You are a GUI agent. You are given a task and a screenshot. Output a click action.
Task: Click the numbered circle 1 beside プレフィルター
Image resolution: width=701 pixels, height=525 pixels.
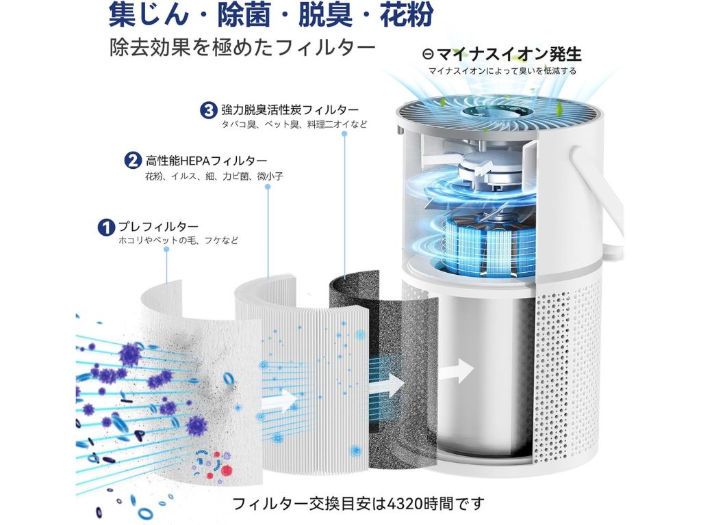coord(106,227)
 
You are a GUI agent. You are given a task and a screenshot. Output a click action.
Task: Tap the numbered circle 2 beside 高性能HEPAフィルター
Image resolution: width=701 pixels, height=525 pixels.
coord(132,161)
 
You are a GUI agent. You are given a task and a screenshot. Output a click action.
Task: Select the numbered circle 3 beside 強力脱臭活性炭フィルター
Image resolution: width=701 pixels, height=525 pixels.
coord(208,110)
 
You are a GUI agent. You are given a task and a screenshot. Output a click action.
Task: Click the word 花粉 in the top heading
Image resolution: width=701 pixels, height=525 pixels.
coord(407,15)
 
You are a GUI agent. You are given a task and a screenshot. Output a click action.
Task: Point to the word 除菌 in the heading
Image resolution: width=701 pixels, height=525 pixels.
coord(244,15)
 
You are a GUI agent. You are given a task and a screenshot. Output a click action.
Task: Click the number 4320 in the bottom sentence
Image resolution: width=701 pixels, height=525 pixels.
coord(407,504)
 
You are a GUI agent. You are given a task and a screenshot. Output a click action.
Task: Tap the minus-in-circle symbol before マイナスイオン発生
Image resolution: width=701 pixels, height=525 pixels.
coord(428,54)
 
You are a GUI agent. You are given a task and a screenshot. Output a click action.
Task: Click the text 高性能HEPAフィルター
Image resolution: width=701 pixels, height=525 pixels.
coord(206,161)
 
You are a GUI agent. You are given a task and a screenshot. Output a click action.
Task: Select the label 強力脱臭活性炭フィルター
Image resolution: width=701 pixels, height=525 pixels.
coord(290,110)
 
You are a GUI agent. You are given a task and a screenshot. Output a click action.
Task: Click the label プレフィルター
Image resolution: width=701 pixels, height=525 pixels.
coord(158,226)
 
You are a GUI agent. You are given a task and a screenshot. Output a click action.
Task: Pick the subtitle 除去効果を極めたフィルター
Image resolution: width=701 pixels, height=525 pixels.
coord(242,47)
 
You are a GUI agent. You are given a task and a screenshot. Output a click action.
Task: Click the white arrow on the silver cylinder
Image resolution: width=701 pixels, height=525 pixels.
coord(455,370)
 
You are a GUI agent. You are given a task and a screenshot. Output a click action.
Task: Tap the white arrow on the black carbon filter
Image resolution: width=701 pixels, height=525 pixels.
coord(387,385)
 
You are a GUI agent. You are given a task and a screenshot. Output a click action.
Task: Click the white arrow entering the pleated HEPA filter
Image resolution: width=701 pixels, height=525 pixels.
coord(280,399)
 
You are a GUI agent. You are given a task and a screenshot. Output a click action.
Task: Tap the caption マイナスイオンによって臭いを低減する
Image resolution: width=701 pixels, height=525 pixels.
coord(502,71)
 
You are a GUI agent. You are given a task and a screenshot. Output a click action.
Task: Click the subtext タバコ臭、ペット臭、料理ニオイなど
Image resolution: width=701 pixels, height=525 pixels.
coord(294,124)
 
